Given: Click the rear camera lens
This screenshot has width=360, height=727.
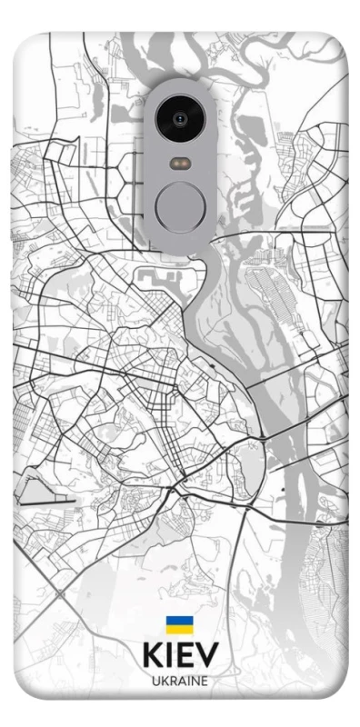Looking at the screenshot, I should (180, 118).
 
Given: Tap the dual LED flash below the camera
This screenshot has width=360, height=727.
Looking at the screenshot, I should (180, 164).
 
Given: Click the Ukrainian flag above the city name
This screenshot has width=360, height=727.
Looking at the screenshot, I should (179, 624).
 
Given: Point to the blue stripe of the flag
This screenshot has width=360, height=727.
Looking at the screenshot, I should (179, 621).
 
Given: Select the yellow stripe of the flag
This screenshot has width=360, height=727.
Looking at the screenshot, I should (179, 628).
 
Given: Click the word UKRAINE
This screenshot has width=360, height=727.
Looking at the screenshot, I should (180, 680).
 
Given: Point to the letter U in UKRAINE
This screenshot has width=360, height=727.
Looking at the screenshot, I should (155, 680).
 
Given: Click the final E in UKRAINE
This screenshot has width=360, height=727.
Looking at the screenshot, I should (205, 680).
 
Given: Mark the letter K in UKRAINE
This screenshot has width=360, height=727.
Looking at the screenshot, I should (164, 680).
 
